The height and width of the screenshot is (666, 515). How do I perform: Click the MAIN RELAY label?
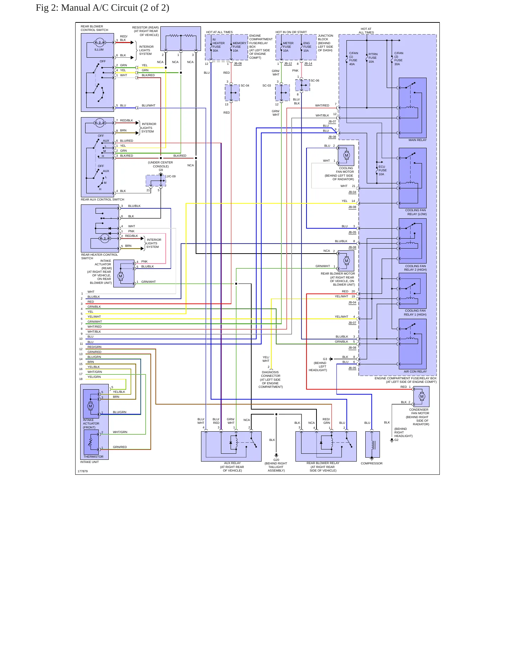click(417, 140)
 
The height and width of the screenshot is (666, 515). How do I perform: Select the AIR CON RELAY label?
click(415, 371)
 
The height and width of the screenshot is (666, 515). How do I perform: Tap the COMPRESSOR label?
click(371, 463)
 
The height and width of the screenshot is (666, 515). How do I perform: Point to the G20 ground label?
click(276, 460)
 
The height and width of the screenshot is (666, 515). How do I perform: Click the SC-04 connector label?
click(245, 85)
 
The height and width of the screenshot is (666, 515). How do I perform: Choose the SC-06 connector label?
click(315, 80)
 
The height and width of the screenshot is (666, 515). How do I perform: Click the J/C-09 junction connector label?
click(171, 176)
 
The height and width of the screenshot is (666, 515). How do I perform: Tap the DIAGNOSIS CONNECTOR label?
click(271, 374)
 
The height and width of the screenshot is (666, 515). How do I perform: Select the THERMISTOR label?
click(93, 457)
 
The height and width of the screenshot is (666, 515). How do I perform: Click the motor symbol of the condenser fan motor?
click(422, 396)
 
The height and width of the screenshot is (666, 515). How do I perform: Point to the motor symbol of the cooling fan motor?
click(346, 155)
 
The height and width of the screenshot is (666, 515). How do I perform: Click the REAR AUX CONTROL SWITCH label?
click(102, 199)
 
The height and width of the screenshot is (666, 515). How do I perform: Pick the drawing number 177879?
click(83, 471)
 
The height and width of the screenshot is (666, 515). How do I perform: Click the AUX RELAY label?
click(232, 463)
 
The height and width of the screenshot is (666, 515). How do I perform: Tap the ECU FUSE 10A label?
click(382, 170)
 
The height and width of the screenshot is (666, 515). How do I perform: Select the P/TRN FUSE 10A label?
click(373, 58)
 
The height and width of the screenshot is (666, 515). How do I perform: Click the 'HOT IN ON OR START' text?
click(291, 32)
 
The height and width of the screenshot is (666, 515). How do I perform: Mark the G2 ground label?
click(396, 440)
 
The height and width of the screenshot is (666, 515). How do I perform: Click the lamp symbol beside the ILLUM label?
click(99, 43)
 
